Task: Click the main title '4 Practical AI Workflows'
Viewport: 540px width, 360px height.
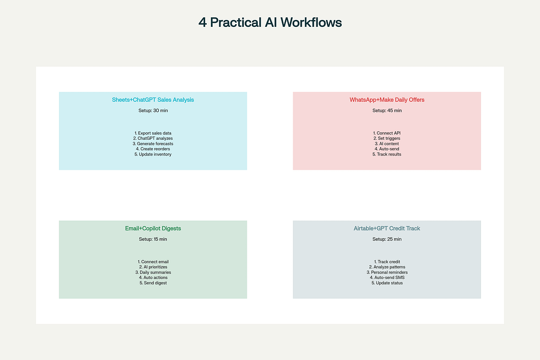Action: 270,23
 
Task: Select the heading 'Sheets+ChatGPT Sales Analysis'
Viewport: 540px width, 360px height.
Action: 153,100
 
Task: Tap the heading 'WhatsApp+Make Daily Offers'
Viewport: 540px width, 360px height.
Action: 387,100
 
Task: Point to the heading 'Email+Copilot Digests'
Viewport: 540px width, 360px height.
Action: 153,229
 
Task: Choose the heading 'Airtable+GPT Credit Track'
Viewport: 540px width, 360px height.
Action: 387,229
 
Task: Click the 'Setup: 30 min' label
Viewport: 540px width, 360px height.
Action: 153,111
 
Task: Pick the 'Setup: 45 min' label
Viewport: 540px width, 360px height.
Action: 387,111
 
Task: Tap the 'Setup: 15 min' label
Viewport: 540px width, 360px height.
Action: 153,239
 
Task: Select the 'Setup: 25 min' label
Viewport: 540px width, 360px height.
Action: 387,239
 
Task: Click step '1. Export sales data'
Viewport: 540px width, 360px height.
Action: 153,133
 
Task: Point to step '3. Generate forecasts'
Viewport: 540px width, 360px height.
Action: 153,144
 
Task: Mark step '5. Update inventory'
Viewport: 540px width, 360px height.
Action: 153,154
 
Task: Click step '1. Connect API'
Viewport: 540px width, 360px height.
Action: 387,133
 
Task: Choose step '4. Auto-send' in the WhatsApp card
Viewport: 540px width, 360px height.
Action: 387,149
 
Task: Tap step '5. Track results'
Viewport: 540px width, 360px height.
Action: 387,154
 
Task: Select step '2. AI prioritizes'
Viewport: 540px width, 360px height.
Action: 153,267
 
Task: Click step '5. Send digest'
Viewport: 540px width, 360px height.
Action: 153,283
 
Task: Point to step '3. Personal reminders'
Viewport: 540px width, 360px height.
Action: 387,272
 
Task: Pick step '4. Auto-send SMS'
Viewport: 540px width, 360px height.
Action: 387,278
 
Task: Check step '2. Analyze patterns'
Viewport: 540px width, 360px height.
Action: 387,267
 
